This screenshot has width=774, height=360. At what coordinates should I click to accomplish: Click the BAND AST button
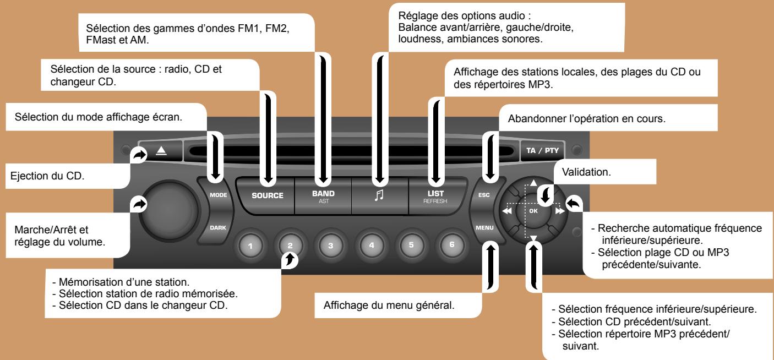323,197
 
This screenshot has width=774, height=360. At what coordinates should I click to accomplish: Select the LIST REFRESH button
436,197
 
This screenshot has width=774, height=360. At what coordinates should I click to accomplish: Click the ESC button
484,194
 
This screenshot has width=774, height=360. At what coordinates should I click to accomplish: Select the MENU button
485,227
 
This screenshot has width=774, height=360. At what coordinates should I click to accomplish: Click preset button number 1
250,244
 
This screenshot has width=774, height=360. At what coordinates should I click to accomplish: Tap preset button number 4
372,244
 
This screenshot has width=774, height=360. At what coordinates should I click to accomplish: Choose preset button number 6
451,244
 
